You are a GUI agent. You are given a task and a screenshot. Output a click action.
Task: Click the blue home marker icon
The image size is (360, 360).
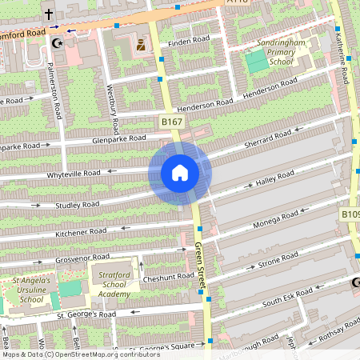point(180,173)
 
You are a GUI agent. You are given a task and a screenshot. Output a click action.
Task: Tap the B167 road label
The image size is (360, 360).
point(172,122)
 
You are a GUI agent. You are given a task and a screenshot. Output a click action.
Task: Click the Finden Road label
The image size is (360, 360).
point(188,39)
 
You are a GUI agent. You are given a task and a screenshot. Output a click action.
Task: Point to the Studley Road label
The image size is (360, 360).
point(77,205)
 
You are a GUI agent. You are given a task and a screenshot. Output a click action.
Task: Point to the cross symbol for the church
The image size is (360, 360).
point(48,14)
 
